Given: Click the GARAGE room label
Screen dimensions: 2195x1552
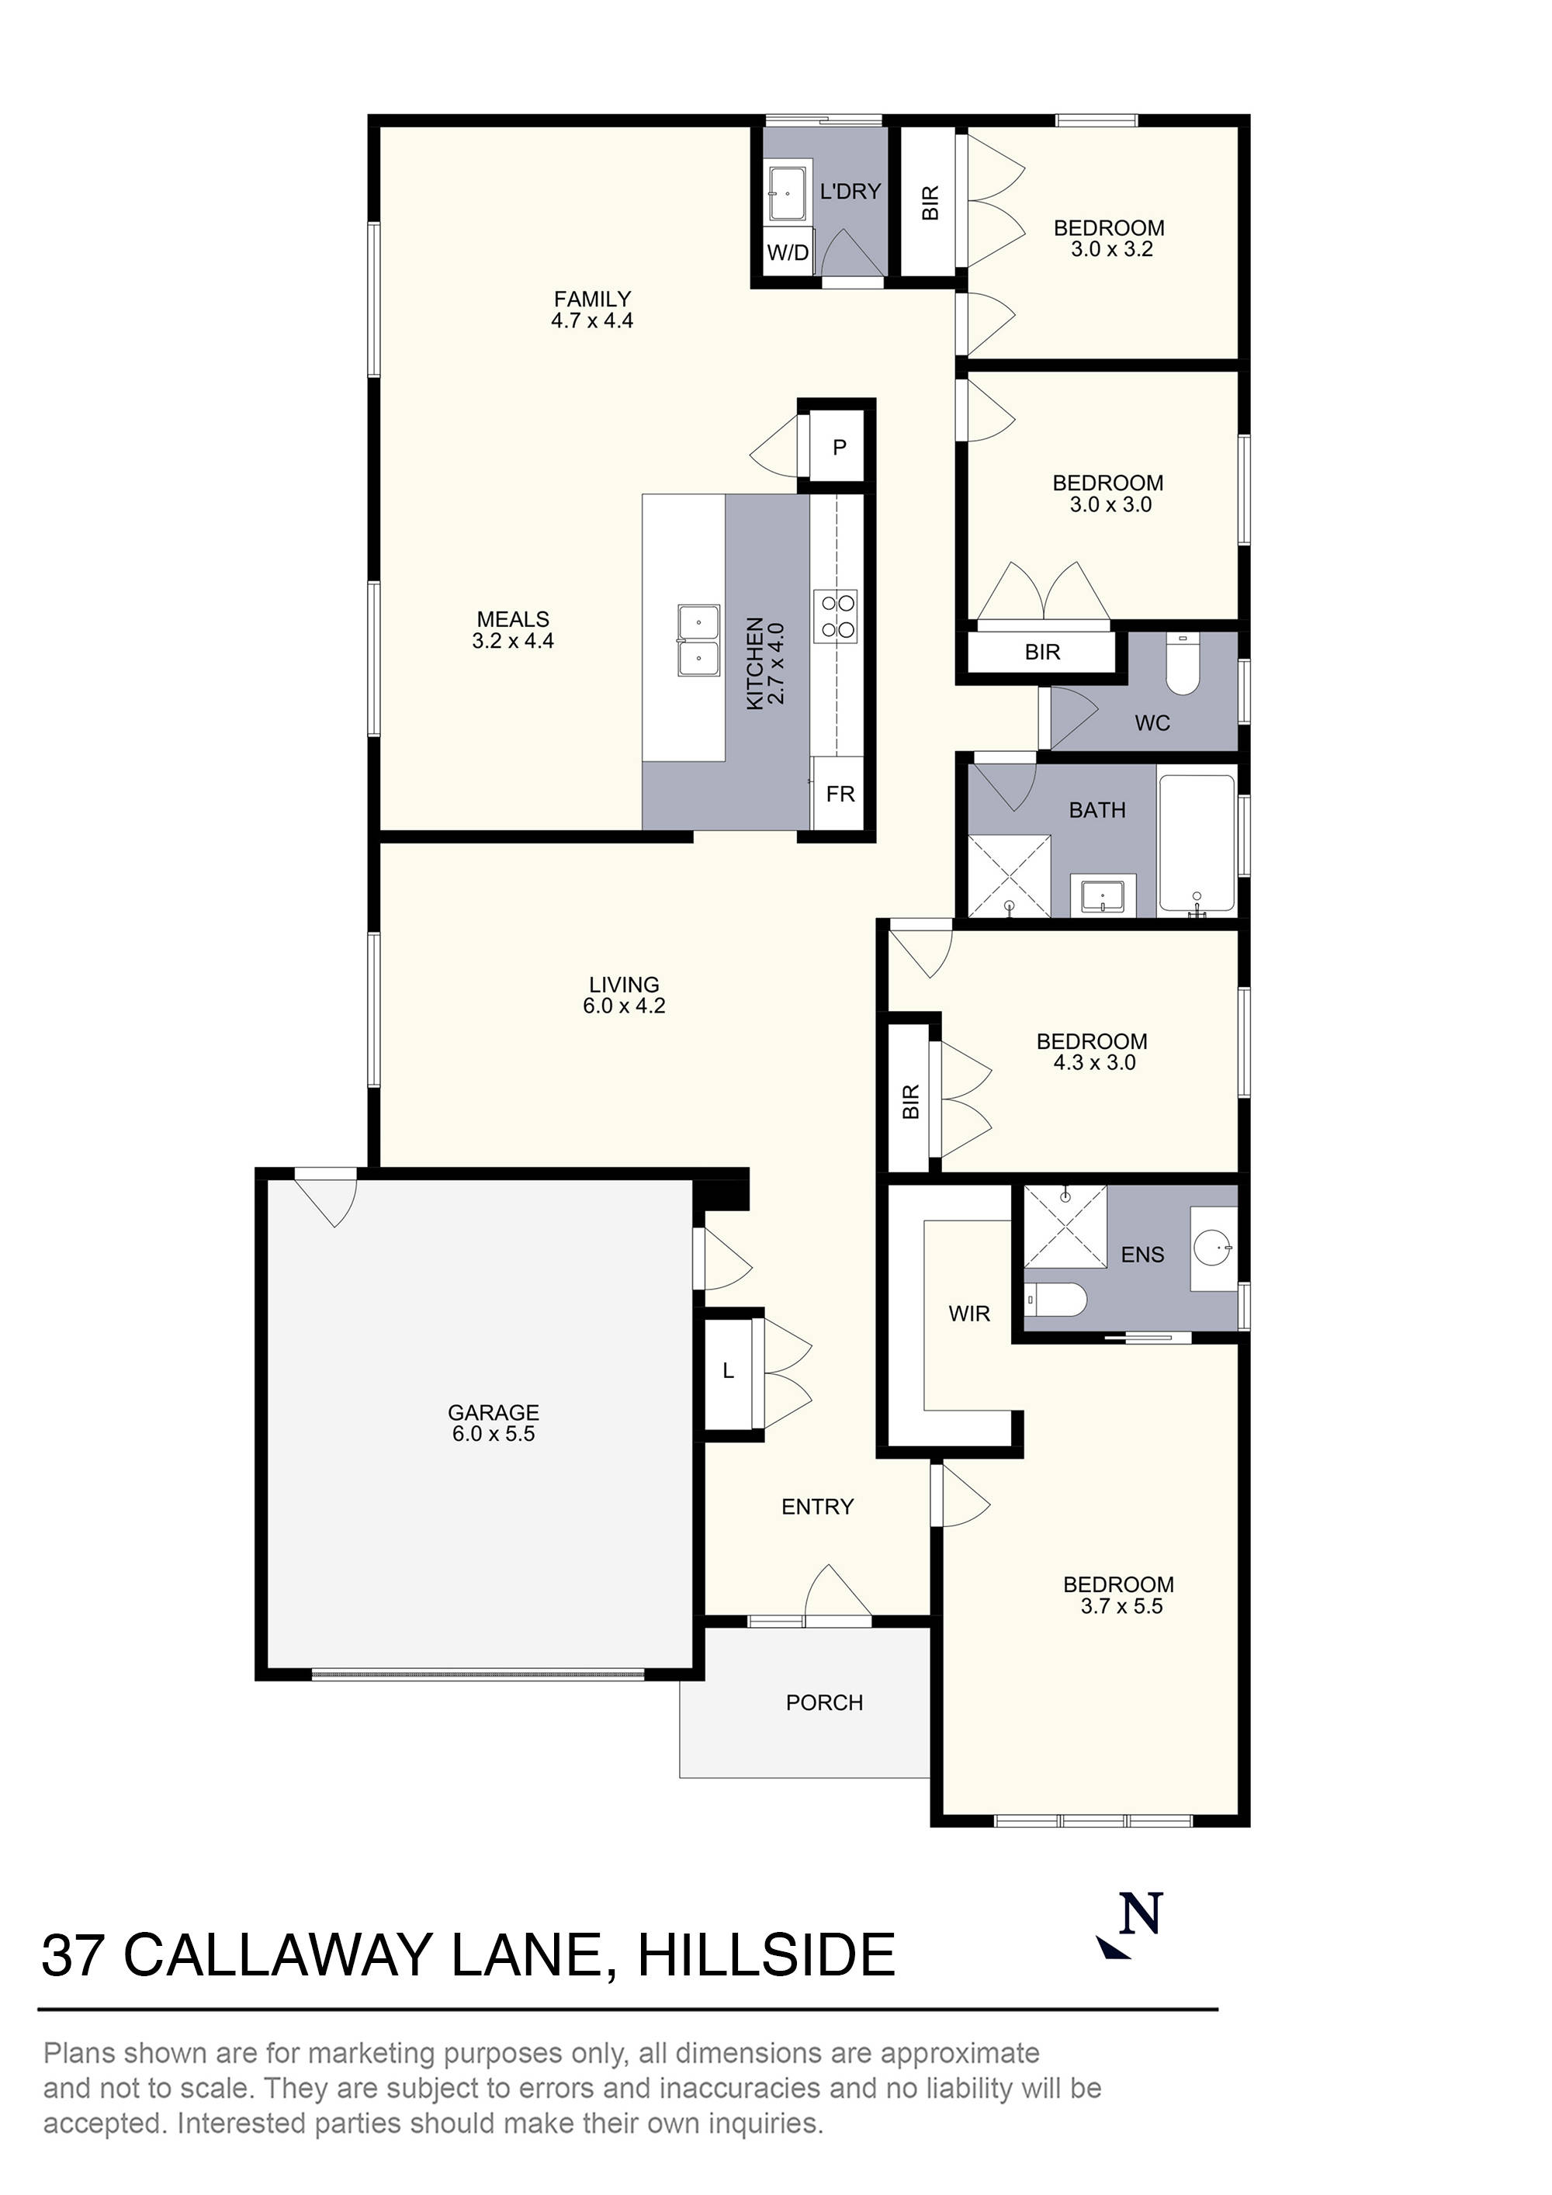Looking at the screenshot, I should coord(493,1412).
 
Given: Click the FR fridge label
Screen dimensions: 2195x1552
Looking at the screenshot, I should coord(840,794).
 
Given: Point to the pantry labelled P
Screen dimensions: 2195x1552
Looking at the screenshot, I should coord(839,446).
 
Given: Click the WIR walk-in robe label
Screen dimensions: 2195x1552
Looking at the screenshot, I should coord(968,1314).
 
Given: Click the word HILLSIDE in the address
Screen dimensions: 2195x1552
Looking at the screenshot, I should coord(765,1956).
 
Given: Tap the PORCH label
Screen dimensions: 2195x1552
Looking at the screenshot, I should coord(824,1702).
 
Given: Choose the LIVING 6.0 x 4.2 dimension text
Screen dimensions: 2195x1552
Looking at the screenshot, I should coord(623,1006).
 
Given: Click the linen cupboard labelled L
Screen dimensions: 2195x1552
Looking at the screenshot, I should coord(728,1372).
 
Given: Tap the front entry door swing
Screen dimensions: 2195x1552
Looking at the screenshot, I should coord(837,1594).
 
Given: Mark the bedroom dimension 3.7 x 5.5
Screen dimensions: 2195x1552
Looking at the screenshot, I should coord(1121,1606).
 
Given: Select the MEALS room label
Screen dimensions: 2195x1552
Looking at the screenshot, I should coord(513,619).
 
